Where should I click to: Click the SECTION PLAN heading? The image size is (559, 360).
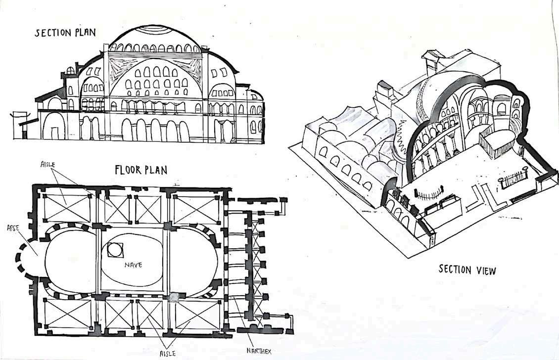point(64,33)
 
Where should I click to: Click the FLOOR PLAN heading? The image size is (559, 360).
point(141,171)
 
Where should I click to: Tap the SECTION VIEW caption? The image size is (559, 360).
point(467,270)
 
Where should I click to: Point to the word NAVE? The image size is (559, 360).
point(133,265)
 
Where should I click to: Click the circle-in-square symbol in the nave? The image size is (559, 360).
point(114,250)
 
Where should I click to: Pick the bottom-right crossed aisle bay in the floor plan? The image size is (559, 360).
point(197,315)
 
